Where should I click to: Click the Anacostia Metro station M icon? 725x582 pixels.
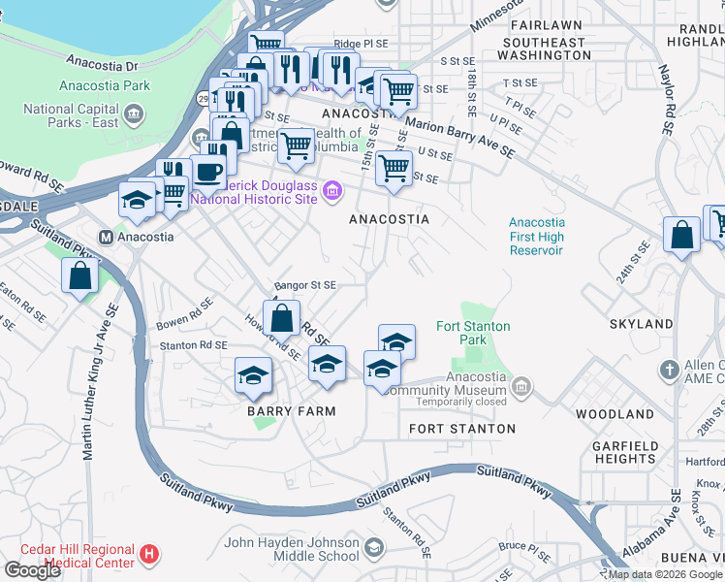109,236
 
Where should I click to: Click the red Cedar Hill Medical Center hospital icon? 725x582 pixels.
148,554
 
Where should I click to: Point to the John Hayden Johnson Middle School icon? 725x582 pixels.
372,550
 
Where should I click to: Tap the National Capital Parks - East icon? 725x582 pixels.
134,114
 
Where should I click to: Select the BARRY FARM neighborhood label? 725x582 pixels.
290,411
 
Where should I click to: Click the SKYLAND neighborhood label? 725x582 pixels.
641,323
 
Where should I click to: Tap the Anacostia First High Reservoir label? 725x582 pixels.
536,236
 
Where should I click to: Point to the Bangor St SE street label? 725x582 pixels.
305,285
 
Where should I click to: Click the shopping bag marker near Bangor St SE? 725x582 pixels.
281,317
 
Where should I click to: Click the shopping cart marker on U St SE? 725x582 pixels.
394,167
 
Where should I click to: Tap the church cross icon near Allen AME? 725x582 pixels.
669,370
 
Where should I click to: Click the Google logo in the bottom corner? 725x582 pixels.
32,570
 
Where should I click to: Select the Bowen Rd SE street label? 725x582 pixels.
185,315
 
